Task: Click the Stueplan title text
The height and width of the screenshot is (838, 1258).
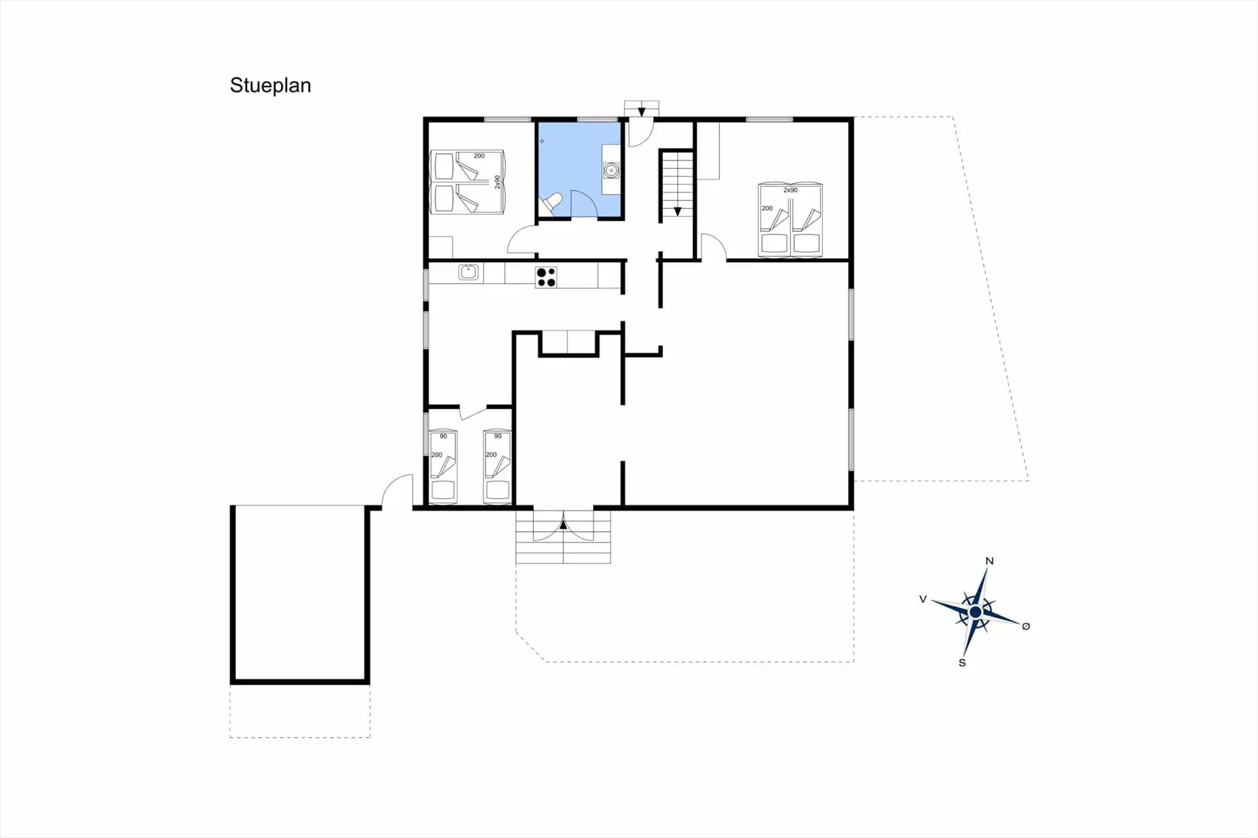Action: coord(270,86)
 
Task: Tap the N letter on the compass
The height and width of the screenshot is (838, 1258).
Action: coord(989,561)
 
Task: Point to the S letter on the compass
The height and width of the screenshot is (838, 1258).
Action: coord(962,662)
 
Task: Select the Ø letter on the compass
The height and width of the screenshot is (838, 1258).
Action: coord(1026,626)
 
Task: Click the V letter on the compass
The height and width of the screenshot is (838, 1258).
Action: coord(923,599)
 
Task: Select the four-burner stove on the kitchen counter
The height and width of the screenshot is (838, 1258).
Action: coord(546,277)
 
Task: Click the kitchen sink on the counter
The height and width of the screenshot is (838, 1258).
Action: coord(468,272)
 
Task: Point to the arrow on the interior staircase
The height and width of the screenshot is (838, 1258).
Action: coord(677,212)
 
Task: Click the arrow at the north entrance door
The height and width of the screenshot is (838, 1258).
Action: coord(641,112)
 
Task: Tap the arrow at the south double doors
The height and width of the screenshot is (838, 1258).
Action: coord(563,524)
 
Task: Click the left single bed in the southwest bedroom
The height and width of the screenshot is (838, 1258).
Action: coord(444,467)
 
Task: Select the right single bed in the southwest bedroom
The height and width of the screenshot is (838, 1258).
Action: coord(497,467)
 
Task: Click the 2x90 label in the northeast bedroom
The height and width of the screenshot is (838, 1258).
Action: coord(790,190)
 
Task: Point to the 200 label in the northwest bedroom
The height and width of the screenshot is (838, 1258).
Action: coord(479,156)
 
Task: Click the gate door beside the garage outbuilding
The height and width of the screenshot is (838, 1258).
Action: coord(397,491)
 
